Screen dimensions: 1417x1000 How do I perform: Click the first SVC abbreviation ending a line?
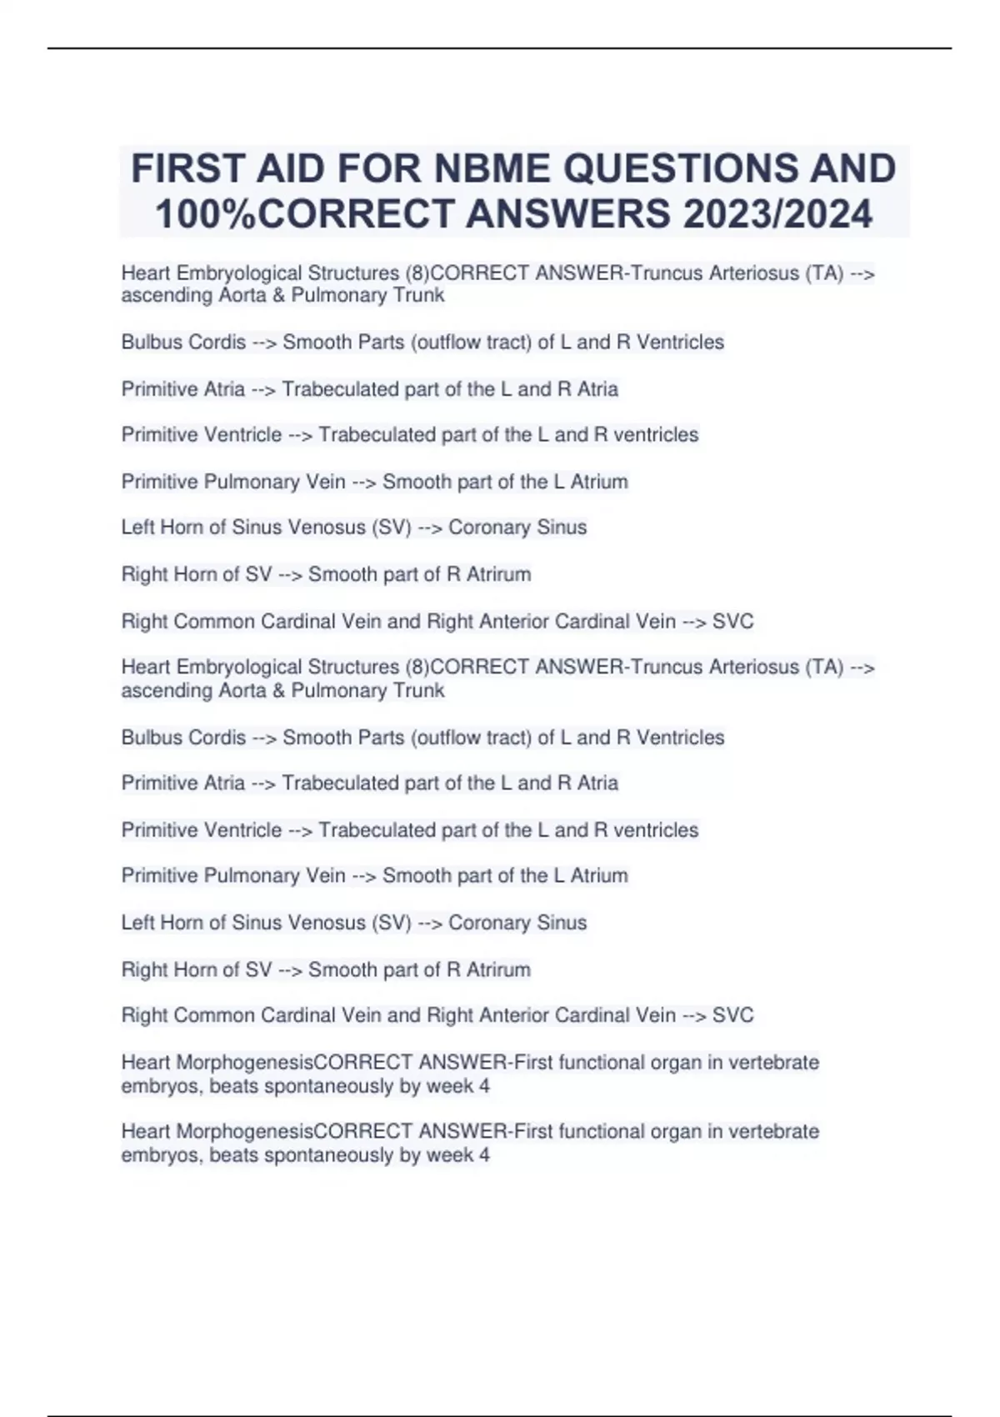tap(733, 622)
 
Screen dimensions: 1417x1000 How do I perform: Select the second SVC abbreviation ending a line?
tap(733, 1015)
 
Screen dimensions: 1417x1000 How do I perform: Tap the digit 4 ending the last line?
tap(484, 1155)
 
